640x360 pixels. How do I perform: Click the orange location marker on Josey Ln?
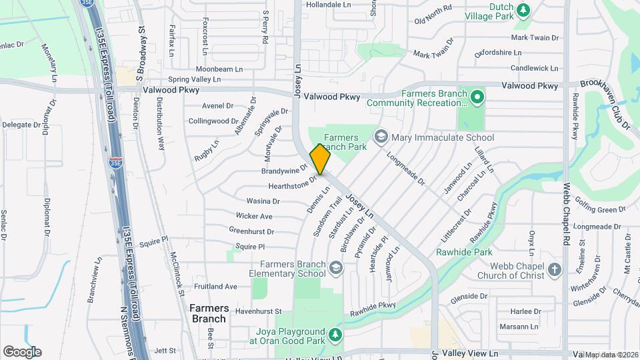pyautogui.click(x=320, y=159)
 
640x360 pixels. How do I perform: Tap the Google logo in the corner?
pyautogui.click(x=22, y=351)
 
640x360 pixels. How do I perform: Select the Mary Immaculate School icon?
pyautogui.click(x=381, y=137)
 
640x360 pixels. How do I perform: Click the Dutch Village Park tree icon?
pyautogui.click(x=524, y=9)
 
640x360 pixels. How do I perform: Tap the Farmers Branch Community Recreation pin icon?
pyautogui.click(x=477, y=98)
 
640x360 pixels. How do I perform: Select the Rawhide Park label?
pyautogui.click(x=464, y=252)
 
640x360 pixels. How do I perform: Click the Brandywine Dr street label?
pyautogui.click(x=284, y=171)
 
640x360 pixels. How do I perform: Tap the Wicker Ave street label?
pyautogui.click(x=254, y=216)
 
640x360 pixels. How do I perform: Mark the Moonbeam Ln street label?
pyautogui.click(x=217, y=69)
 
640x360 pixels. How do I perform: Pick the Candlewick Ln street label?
pyautogui.click(x=535, y=68)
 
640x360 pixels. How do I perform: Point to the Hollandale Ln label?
pyautogui.click(x=328, y=4)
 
